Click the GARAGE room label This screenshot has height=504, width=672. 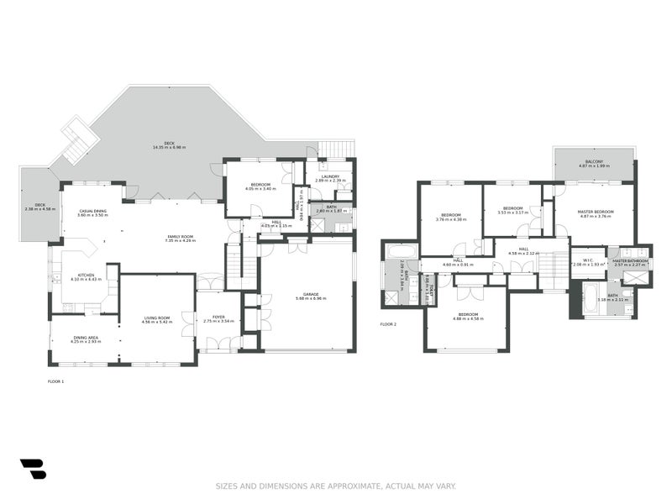[x=304, y=294]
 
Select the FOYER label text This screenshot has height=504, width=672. [x=218, y=317]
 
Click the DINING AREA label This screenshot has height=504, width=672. [x=86, y=338]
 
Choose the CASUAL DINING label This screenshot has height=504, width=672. [x=92, y=211]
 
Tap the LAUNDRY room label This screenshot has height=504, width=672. [x=330, y=176]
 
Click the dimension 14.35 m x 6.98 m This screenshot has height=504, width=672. [x=169, y=148]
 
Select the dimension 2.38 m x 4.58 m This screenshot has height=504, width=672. [x=39, y=208]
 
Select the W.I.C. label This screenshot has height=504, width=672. [x=588, y=260]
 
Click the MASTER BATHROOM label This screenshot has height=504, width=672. [x=631, y=261]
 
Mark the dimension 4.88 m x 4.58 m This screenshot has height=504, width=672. [x=467, y=319]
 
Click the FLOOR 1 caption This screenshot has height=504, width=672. [x=55, y=381]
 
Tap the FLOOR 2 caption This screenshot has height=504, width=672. [x=387, y=323]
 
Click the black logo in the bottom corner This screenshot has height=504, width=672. [x=33, y=469]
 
